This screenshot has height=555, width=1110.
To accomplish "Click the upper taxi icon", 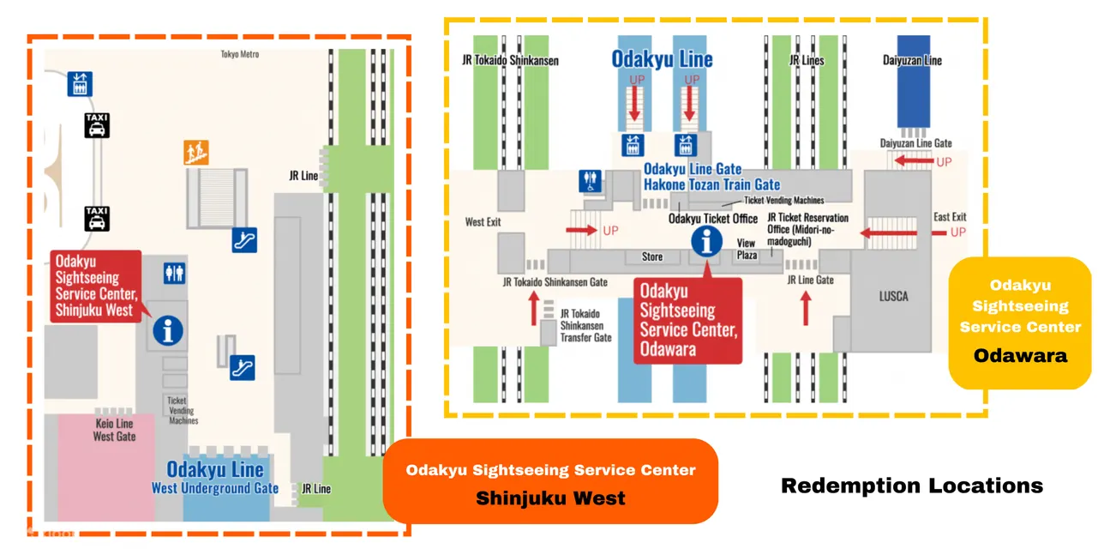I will [x=97, y=126].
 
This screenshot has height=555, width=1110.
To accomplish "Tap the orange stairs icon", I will [x=196, y=153].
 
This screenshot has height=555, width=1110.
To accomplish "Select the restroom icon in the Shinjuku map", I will [x=175, y=273].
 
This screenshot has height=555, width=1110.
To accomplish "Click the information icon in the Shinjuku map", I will [x=167, y=329].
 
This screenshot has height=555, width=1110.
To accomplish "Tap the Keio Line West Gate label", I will [x=114, y=430].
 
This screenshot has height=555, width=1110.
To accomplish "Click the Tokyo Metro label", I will [x=239, y=55].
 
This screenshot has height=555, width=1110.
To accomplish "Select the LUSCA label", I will [x=893, y=297].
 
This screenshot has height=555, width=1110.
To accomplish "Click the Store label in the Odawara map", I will [x=653, y=256].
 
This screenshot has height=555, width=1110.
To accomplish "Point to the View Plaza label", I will [x=747, y=250].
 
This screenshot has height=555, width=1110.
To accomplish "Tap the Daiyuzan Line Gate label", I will [x=915, y=143].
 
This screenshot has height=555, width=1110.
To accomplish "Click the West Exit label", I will [x=483, y=222].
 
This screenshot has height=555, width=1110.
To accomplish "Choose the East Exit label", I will [x=950, y=217].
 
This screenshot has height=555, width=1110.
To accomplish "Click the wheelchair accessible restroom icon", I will [x=592, y=181].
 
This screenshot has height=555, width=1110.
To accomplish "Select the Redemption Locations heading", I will [x=911, y=486].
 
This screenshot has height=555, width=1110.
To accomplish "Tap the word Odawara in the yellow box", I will [x=1020, y=355].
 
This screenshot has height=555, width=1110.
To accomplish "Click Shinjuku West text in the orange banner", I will [x=550, y=498].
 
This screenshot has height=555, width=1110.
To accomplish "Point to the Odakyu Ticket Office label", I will [x=713, y=219].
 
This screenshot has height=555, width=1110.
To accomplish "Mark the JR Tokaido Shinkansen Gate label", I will [x=555, y=281].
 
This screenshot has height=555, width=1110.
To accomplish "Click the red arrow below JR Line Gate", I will [x=806, y=309].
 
